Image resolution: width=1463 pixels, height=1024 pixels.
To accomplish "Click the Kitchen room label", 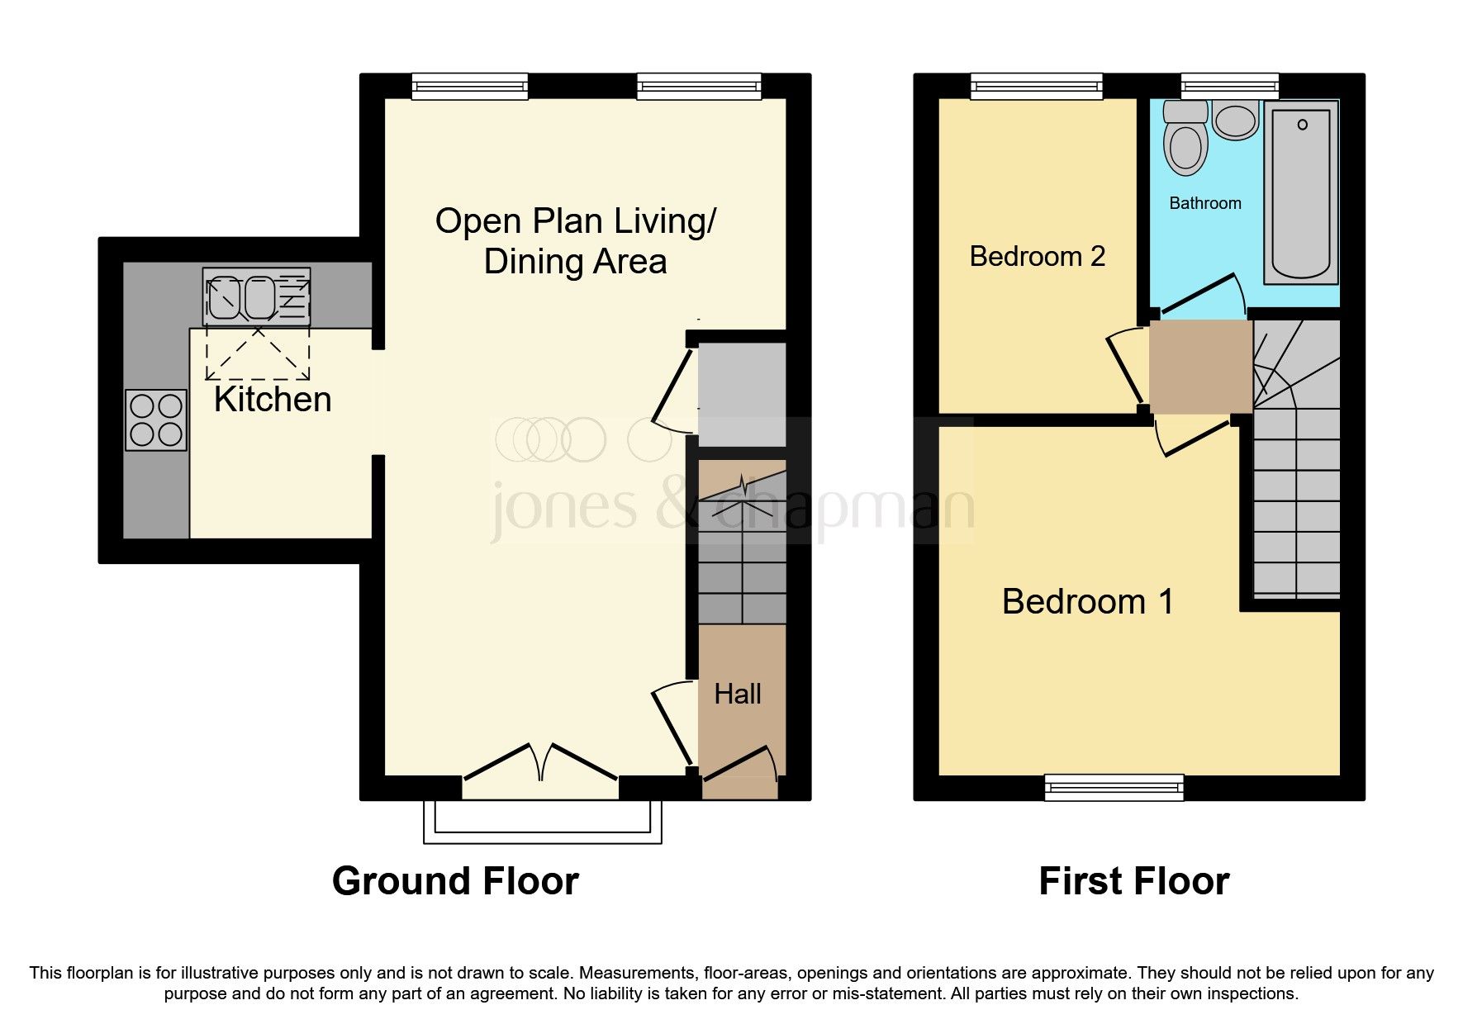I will pyautogui.click(x=273, y=400).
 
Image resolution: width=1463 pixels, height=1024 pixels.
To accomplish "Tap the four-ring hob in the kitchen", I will pyautogui.click(x=156, y=420).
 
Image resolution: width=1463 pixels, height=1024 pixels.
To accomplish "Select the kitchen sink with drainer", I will pyautogui.click(x=256, y=296).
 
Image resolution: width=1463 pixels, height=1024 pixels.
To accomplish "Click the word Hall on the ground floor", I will pyautogui.click(x=737, y=694).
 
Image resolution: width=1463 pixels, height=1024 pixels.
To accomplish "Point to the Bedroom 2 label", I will pyautogui.click(x=1037, y=257).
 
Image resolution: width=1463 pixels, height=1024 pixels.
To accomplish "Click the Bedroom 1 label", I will pyautogui.click(x=1087, y=601).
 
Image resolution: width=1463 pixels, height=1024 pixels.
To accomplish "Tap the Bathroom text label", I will pyautogui.click(x=1204, y=203).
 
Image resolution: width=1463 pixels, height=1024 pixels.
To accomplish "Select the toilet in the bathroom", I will pyautogui.click(x=1185, y=140).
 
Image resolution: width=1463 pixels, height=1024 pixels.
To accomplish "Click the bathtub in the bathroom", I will pyautogui.click(x=1300, y=192).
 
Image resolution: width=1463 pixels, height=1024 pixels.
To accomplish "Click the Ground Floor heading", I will pyautogui.click(x=455, y=881).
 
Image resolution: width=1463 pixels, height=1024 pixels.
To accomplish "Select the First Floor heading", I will pyautogui.click(x=1133, y=881).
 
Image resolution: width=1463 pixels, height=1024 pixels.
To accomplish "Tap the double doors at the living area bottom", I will pyautogui.click(x=540, y=763).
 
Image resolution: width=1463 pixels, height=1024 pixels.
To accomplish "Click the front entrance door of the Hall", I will pyautogui.click(x=740, y=763).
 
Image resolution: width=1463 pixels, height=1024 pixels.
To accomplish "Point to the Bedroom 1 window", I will pyautogui.click(x=1114, y=787).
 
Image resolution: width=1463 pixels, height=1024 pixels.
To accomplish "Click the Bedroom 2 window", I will pyautogui.click(x=1036, y=85).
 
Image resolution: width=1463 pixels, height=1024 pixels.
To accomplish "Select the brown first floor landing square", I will pyautogui.click(x=1200, y=367).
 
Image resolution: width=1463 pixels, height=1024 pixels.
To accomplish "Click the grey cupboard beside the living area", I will pyautogui.click(x=742, y=394).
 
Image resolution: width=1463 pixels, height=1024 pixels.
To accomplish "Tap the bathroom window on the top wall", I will pyautogui.click(x=1229, y=85).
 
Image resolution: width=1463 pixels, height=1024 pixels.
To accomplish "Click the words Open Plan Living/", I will pyautogui.click(x=575, y=221).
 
